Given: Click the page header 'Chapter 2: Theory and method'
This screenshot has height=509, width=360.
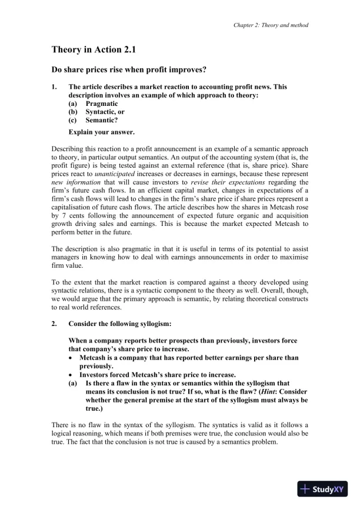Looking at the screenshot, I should click(271, 25).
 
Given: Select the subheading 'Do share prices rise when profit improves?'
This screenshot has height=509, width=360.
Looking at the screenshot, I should click(129, 70).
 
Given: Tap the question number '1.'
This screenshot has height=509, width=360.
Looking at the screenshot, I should click(55, 87).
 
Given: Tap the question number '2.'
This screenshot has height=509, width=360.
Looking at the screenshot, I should click(55, 324).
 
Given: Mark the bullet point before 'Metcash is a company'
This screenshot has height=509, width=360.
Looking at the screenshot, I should click(72, 358).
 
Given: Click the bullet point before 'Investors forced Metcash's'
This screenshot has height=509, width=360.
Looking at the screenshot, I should click(72, 375).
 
